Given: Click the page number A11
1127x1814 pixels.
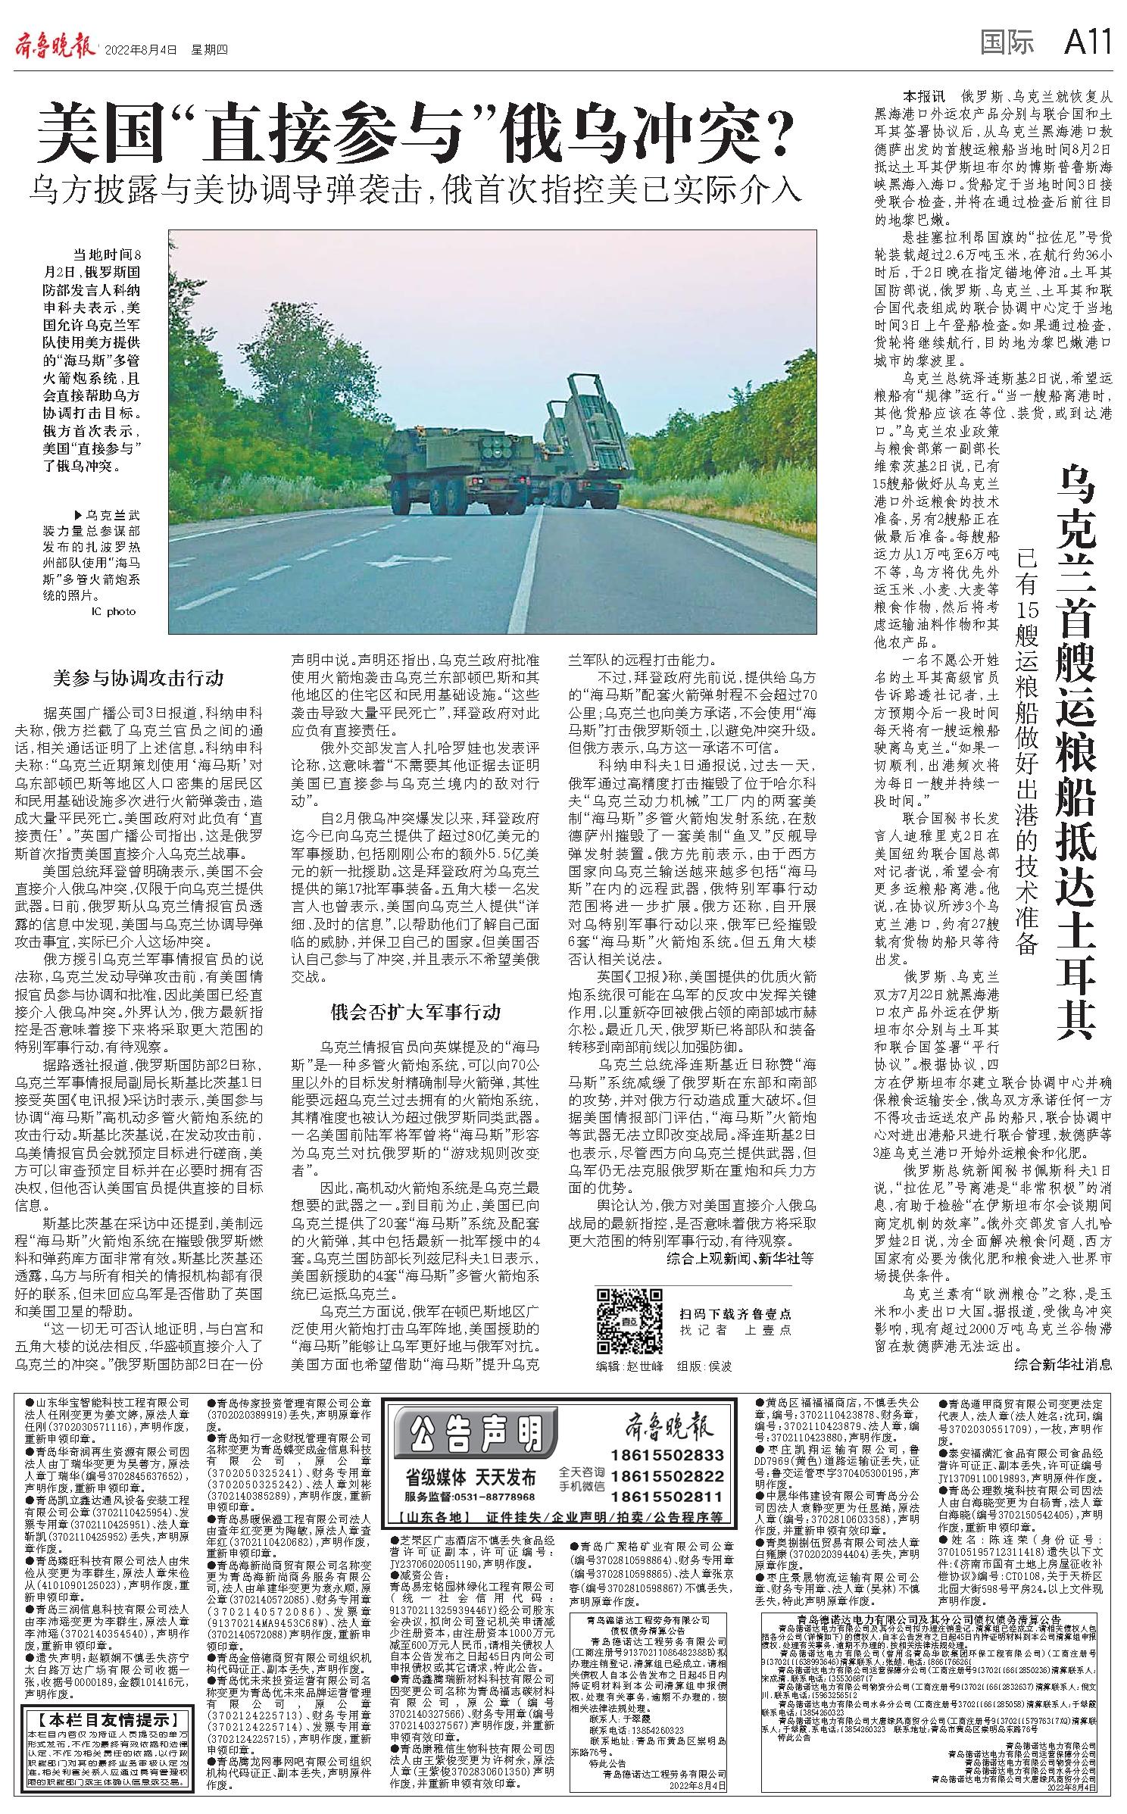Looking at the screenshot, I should coord(1088,44).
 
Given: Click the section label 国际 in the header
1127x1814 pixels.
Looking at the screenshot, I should coord(1007,44).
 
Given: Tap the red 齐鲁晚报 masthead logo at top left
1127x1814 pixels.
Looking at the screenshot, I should coord(55,47).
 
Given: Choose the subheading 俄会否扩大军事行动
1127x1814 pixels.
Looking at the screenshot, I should coord(416,1012).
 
